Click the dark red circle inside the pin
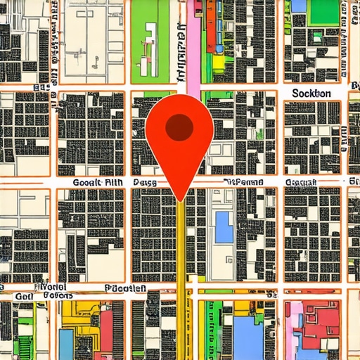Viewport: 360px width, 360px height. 179,127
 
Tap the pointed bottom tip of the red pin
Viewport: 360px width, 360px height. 181,200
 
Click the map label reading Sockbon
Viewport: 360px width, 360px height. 311,94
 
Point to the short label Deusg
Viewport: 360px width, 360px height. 144,182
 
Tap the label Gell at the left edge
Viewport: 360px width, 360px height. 24,297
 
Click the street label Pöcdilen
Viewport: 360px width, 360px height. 125,288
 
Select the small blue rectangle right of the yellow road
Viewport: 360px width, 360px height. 224,227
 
